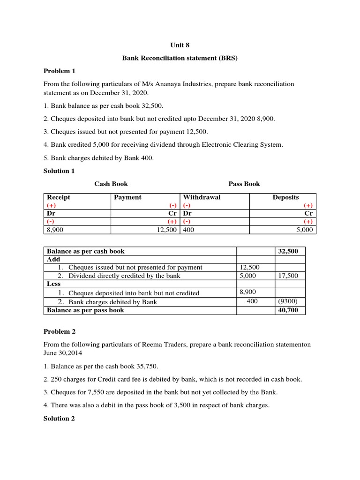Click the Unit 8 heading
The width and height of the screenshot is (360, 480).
[x=180, y=45]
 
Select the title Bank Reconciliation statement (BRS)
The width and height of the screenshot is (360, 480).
[x=180, y=58]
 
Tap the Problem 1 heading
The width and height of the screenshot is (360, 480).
[x=60, y=71]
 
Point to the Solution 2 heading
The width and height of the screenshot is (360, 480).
[x=59, y=418]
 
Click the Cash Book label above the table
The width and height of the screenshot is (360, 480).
[x=111, y=184]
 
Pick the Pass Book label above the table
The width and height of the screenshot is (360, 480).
[x=244, y=184]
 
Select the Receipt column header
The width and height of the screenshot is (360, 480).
[x=58, y=197]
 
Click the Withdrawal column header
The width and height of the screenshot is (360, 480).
[x=202, y=197]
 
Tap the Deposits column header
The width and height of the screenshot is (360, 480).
[x=285, y=197]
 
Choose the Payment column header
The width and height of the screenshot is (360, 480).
[x=127, y=197]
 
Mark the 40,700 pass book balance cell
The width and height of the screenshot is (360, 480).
[x=288, y=310]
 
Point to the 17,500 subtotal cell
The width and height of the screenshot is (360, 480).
[x=288, y=276]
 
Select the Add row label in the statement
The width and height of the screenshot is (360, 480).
[x=53, y=259]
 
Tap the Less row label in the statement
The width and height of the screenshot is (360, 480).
[x=54, y=284]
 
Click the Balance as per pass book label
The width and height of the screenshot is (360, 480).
[x=85, y=310]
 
